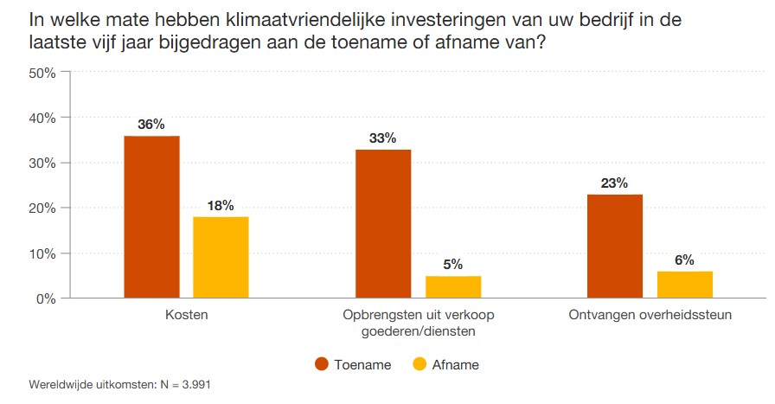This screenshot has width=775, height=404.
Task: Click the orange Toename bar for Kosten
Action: pos(151,217)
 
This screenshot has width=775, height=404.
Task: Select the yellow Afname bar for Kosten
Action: pos(221,257)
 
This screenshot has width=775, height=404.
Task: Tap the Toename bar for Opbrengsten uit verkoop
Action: pos(383,224)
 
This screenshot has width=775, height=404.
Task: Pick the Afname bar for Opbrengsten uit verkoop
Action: pos(452,287)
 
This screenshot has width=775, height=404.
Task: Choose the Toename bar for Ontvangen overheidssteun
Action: pos(614,247)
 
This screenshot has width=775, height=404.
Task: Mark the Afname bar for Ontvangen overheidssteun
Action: pos(684,285)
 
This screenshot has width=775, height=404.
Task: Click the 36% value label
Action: pos(151,125)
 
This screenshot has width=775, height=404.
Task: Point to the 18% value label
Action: pos(221,205)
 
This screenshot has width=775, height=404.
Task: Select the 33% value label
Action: pos(383,138)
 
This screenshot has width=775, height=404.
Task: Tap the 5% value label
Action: pos(452,265)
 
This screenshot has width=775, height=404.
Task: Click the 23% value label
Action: pos(614,183)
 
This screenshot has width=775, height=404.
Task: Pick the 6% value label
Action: pos(684,260)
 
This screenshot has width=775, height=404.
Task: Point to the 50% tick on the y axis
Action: pos(42,74)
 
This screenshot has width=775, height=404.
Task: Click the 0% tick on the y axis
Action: pos(46,299)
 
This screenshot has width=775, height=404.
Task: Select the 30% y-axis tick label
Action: pos(42,164)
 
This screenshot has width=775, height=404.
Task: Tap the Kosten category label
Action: pos(186,316)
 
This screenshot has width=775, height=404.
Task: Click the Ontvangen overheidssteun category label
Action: pos(650,316)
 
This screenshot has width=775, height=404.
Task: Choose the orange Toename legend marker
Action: pos(321,364)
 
